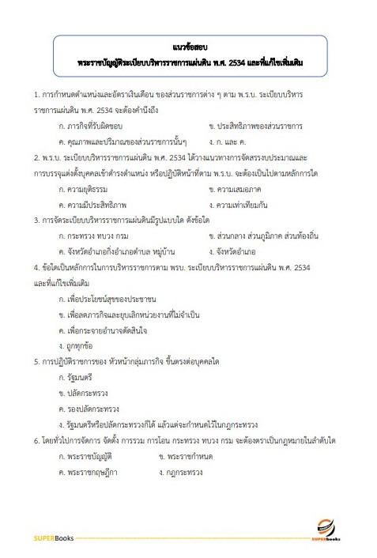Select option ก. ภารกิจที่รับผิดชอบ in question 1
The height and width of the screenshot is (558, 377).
(90, 126)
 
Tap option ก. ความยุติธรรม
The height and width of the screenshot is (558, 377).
(82, 189)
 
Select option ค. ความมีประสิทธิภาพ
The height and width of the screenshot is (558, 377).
(88, 205)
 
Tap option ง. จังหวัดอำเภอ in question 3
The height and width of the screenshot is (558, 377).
(236, 252)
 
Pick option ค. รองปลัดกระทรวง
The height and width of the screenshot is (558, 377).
(84, 408)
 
